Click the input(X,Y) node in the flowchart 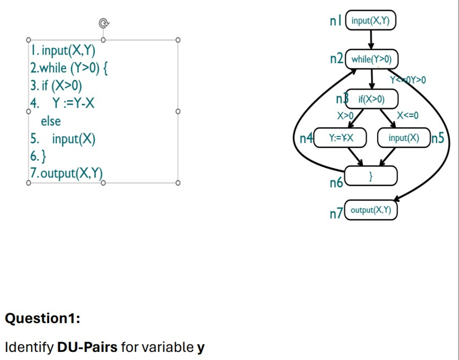point(371,21)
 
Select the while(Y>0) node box point(371,59)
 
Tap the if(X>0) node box point(372,99)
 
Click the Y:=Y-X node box point(340,138)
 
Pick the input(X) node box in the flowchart point(404,138)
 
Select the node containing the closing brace point(371,176)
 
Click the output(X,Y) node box point(371,210)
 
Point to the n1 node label point(335,21)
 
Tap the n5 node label point(438,138)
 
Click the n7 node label point(336,214)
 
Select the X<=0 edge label point(408,116)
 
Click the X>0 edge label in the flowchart point(345,116)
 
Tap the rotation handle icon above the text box point(104,24)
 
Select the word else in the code point(51,121)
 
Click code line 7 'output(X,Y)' point(66,173)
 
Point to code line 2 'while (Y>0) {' point(69,68)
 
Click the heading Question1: point(42,318)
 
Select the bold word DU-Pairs point(87,347)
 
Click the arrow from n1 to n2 point(371,40)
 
